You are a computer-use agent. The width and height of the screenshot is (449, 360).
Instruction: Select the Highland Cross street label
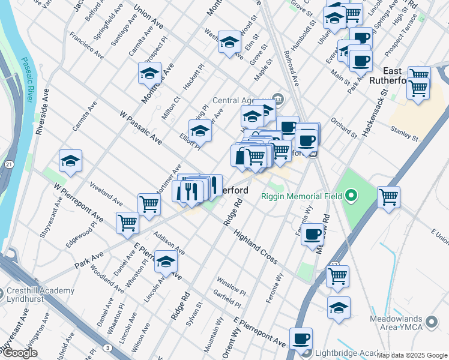pos(256,247)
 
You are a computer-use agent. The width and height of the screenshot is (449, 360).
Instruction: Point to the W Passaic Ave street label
pos(141,128)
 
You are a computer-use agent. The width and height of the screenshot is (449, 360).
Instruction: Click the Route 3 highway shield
pos(107,347)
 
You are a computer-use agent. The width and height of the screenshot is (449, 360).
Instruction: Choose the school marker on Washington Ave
pos(229,42)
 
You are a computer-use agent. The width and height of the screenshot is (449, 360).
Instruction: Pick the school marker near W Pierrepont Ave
pos(70,161)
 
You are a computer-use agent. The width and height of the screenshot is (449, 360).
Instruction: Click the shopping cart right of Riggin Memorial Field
pos(389,197)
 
